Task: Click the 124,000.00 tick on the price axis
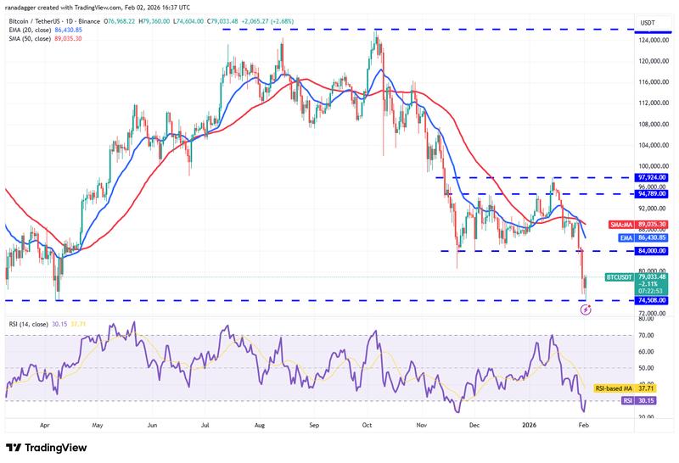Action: (x=653, y=40)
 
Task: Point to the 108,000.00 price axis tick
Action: (x=653, y=124)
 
